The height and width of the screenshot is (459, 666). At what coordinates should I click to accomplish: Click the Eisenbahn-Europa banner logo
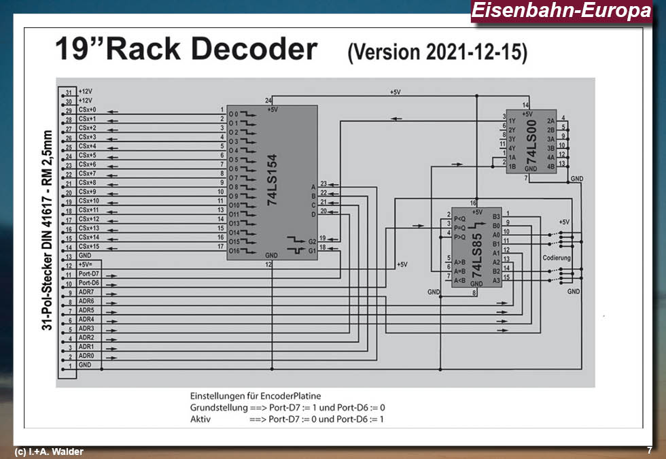tap(560, 12)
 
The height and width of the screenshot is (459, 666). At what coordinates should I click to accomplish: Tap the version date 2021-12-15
tap(468, 53)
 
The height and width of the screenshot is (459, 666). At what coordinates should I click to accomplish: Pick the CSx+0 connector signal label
tap(88, 109)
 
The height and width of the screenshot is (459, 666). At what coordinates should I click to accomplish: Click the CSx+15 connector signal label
tap(89, 246)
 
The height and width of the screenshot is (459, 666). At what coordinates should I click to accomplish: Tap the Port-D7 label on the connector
tap(89, 273)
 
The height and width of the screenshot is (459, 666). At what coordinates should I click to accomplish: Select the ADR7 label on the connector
tap(86, 292)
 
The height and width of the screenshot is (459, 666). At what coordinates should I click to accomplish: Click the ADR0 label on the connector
tap(86, 356)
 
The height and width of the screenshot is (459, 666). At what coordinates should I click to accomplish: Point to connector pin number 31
tap(68, 92)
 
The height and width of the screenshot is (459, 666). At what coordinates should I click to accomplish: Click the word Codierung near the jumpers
tap(557, 258)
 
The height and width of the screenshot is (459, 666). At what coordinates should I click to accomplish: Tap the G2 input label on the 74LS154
tap(312, 241)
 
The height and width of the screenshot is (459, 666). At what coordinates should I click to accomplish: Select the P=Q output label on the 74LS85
tap(459, 228)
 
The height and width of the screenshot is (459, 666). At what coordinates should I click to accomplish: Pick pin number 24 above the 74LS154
tap(269, 101)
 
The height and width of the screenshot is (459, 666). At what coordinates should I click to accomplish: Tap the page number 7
tap(650, 450)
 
